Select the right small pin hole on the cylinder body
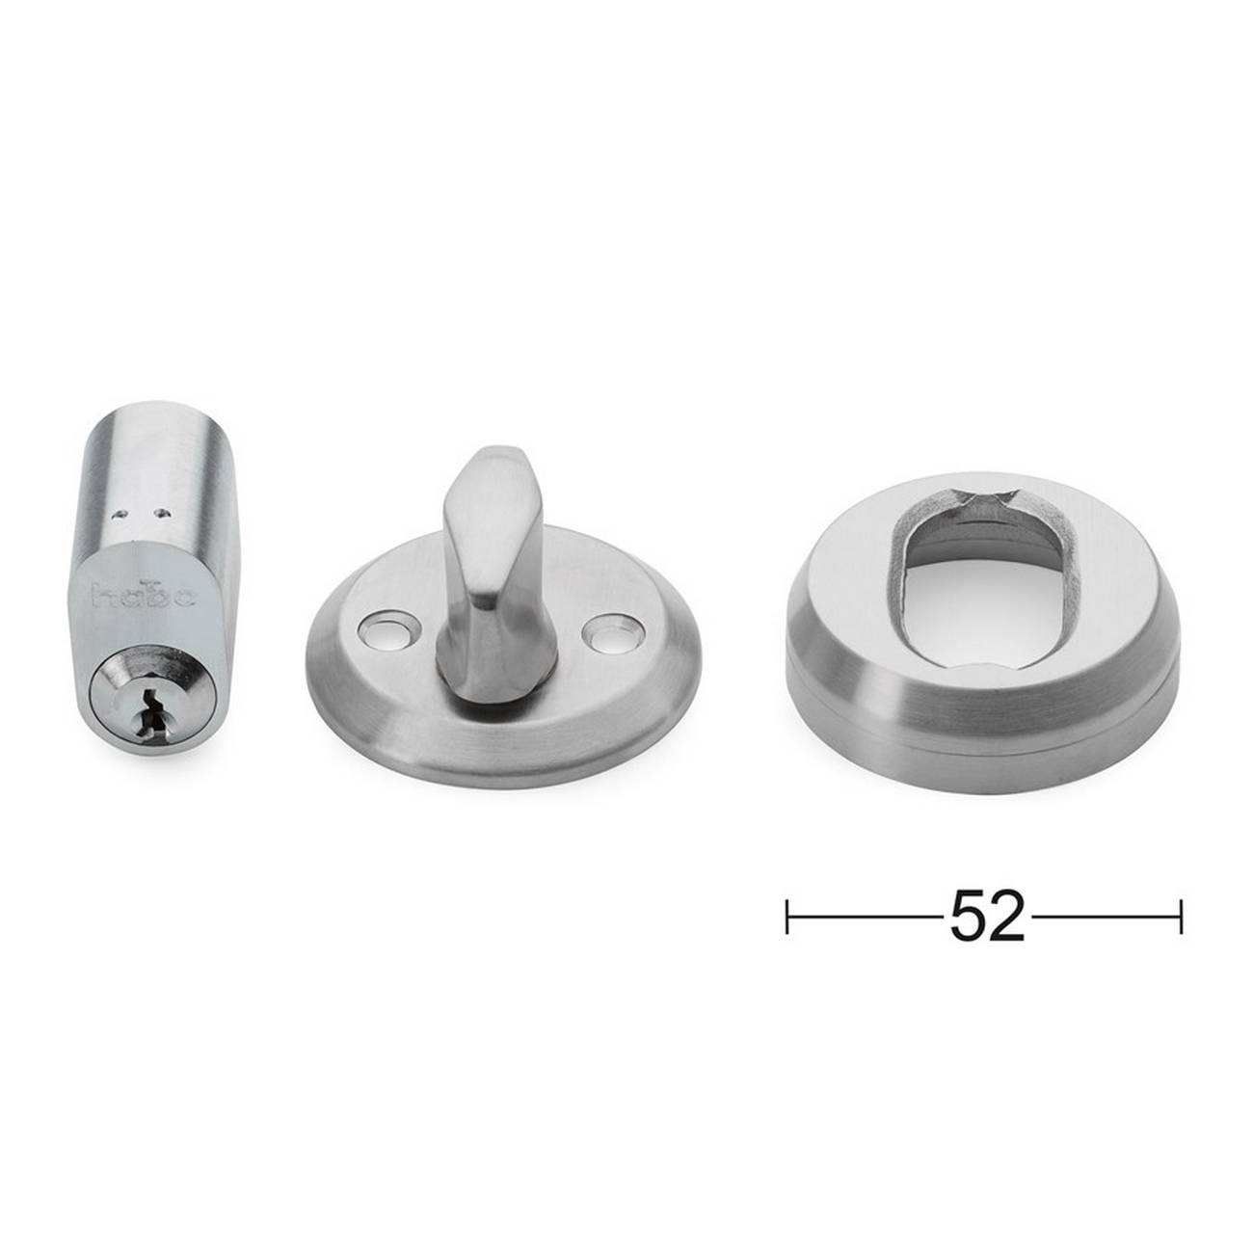161,512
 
